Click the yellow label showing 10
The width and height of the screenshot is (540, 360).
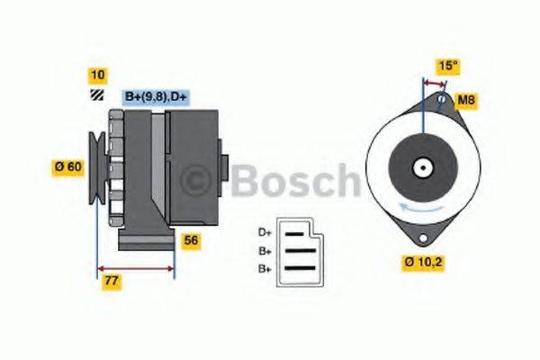pos(97,74)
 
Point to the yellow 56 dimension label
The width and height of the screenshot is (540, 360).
pos(191,240)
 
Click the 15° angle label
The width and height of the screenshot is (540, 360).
pos(446,65)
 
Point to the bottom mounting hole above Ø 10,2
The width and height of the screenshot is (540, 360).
pos(420,237)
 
